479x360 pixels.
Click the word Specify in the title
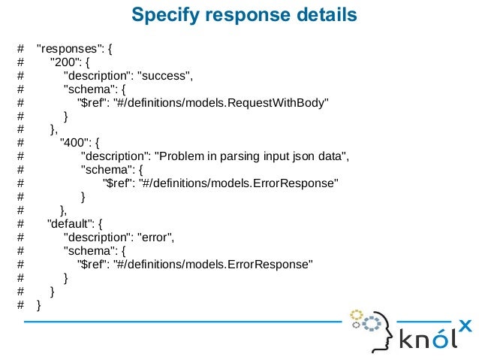[161, 15]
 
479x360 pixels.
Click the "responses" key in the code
[71, 50]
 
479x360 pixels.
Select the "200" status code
[63, 62]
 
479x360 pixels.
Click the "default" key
[69, 223]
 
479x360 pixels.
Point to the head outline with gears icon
[373, 328]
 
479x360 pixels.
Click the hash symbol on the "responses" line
[21, 50]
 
